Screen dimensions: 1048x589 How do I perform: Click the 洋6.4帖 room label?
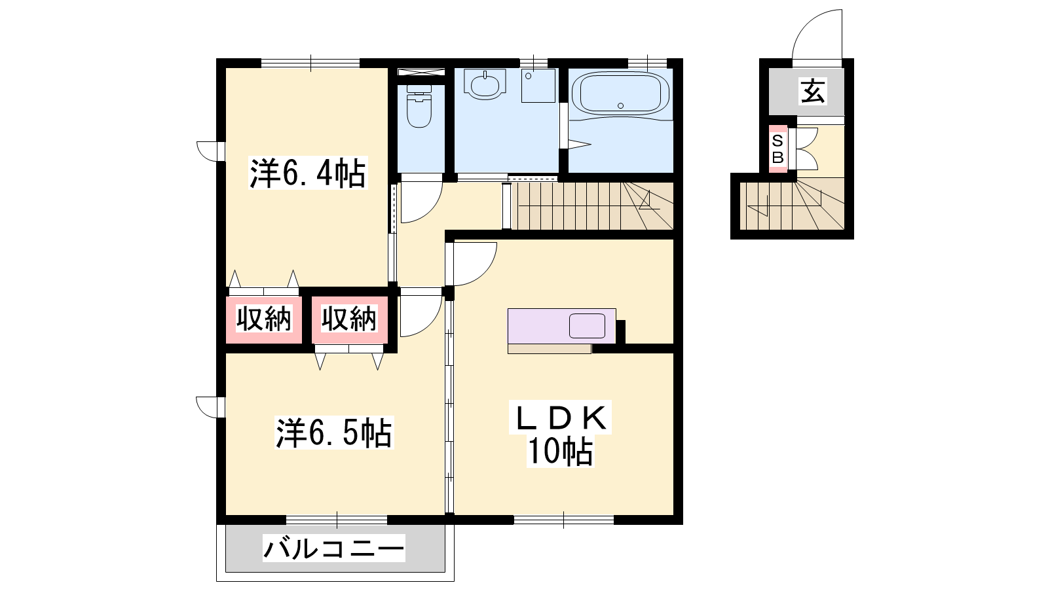tap(307, 173)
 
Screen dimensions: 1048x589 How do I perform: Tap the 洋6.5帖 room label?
tap(334, 433)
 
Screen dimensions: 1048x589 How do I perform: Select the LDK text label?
tap(561, 418)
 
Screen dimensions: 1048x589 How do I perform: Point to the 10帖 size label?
tap(560, 451)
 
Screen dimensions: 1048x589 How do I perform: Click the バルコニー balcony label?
tap(333, 548)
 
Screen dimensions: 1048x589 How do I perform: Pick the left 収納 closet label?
tap(264, 319)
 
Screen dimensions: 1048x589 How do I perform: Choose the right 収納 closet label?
tap(349, 319)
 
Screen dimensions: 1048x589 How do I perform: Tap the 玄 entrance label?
tap(813, 91)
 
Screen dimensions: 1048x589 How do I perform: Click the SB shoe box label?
tap(777, 149)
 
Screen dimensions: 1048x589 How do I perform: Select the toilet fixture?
tap(419, 107)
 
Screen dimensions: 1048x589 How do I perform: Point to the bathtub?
tap(620, 94)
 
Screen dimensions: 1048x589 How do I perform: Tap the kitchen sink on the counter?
tap(587, 326)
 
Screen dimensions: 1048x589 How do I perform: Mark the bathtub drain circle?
tap(620, 105)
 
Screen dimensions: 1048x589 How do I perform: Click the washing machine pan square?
tap(538, 86)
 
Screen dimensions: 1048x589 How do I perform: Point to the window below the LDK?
tap(564, 520)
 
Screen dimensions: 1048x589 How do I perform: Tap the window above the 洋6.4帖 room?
tap(310, 63)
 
